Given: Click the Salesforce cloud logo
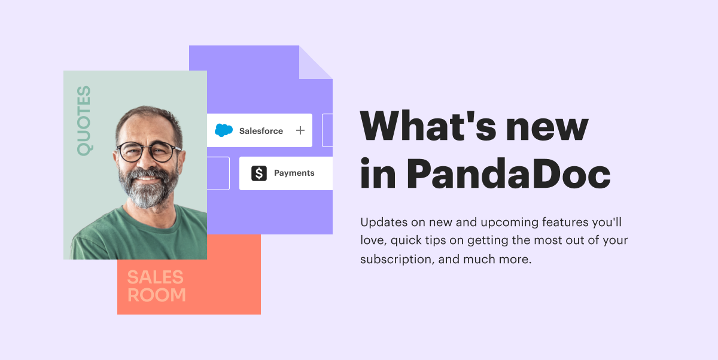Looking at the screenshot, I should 224,130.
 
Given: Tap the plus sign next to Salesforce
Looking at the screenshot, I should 300,130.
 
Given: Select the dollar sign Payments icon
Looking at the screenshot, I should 259,173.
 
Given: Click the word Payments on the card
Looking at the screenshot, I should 294,173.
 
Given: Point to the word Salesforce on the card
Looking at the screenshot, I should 261,131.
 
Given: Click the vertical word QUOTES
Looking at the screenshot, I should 84,121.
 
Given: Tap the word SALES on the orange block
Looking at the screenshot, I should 155,277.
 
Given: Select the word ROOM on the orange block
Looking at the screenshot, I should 157,295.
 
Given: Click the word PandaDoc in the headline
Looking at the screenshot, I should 508,174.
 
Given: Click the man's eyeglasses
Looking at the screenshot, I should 146,152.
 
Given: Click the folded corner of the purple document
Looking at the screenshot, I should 315,62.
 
